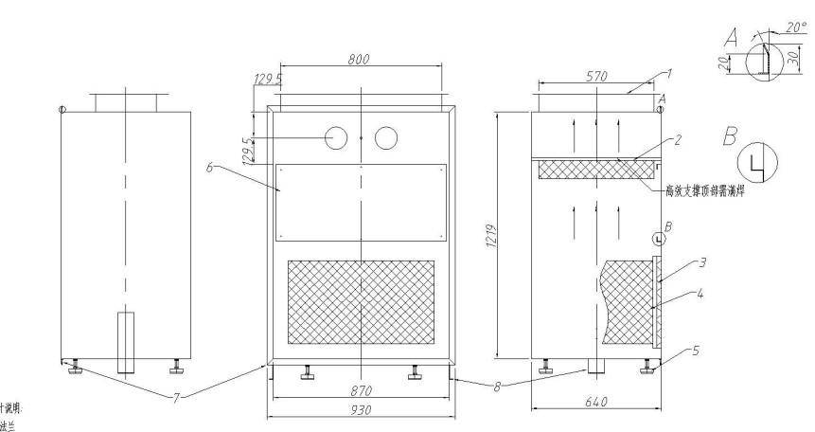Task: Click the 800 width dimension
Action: [358, 59]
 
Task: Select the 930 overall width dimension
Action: [361, 409]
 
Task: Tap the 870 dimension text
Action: [361, 390]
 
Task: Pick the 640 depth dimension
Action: [595, 402]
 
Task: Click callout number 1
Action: [667, 72]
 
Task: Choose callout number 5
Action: [696, 351]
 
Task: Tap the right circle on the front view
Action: [386, 138]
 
